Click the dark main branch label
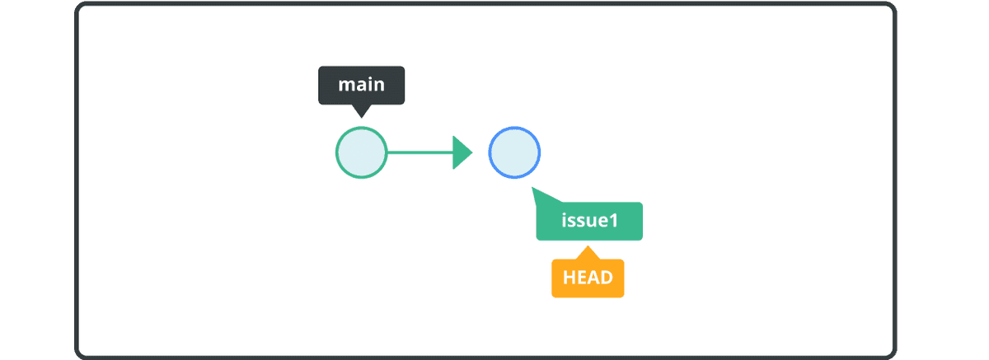[x=362, y=85]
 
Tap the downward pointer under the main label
[x=362, y=110]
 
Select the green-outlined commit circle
[x=361, y=153]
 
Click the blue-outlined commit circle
[x=514, y=152]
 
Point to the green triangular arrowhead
[x=462, y=152]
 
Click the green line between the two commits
[x=420, y=152]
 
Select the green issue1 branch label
[x=589, y=222]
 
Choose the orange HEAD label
[x=588, y=278]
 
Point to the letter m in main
[x=346, y=85]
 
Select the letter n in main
[x=378, y=85]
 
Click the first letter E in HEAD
[x=582, y=278]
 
